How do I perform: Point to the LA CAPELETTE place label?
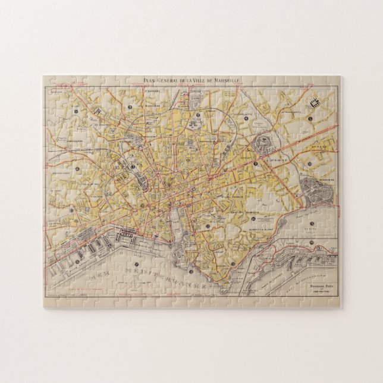tap(244, 112)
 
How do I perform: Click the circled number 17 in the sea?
tap(136, 264)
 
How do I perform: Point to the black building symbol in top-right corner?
tap(313, 102)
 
